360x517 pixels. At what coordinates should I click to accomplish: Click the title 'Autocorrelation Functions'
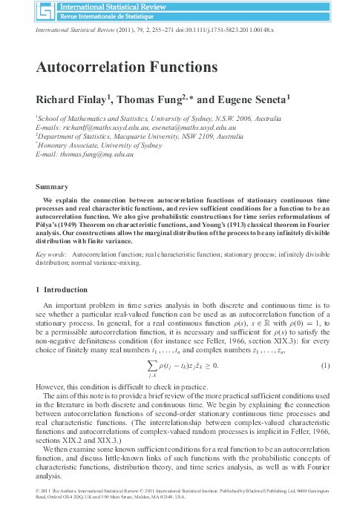click(x=127, y=67)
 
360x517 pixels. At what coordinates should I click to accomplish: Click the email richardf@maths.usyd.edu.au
click(x=93, y=127)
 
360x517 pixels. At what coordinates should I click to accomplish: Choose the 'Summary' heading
click(x=52, y=187)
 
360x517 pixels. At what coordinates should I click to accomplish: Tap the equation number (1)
click(x=325, y=366)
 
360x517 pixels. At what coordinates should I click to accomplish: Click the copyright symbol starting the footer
click(x=39, y=490)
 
